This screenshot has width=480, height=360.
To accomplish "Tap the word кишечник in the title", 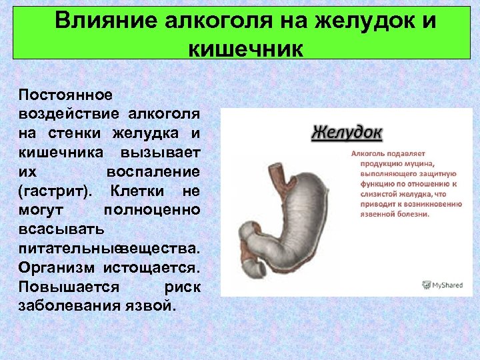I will (246, 49).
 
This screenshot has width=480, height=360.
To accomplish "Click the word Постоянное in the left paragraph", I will (66, 95).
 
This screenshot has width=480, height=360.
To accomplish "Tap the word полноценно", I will (152, 211).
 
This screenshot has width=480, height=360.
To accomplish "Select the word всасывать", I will (61, 230).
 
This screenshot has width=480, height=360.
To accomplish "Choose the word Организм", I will (57, 268).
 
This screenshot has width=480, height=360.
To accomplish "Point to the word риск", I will (181, 287).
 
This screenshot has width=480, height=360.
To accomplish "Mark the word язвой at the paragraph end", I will (150, 307).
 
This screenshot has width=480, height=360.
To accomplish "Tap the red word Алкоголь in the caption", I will (368, 153).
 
